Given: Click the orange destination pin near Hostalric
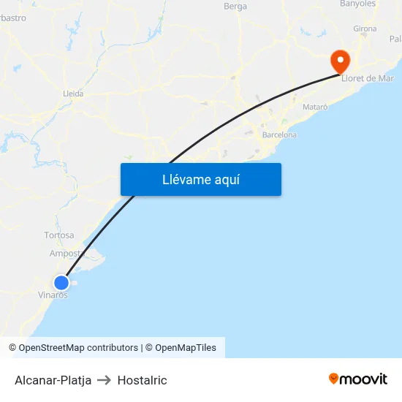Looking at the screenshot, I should pos(340,60).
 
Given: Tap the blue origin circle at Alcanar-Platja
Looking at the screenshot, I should pos(61,283).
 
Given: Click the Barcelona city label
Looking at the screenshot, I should pos(279,135).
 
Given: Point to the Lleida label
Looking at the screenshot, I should pos(73,94).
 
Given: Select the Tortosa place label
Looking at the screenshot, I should pos(58,235).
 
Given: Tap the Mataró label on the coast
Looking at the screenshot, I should pos(315,107).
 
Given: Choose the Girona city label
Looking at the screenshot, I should pos(365,29).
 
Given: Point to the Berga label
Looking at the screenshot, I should pos(235,7).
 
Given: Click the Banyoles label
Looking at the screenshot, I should pos(357,4).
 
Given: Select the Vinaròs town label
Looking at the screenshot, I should pos(53,295).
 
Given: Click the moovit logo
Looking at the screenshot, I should pos(358,379).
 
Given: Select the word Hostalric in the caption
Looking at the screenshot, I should pos(142,380).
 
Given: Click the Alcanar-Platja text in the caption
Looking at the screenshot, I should pos(53,380).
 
